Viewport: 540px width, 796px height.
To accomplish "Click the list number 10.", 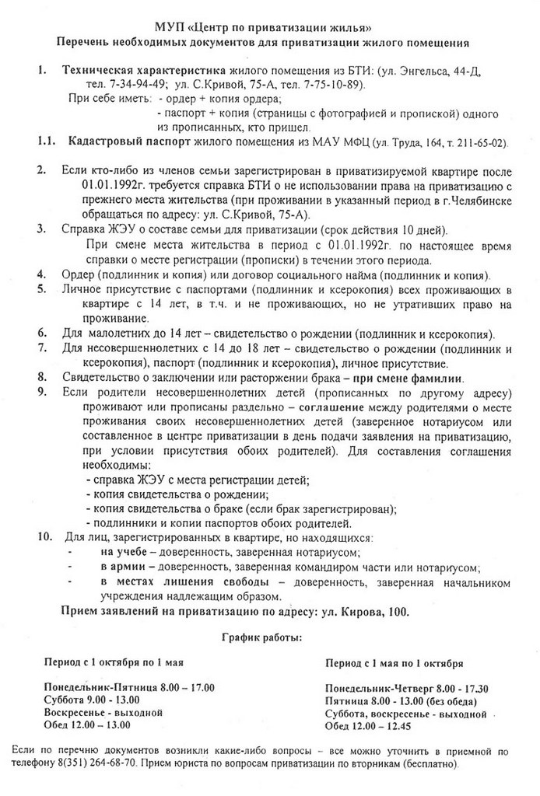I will (44, 537).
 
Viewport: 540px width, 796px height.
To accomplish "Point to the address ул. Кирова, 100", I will (363, 612).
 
